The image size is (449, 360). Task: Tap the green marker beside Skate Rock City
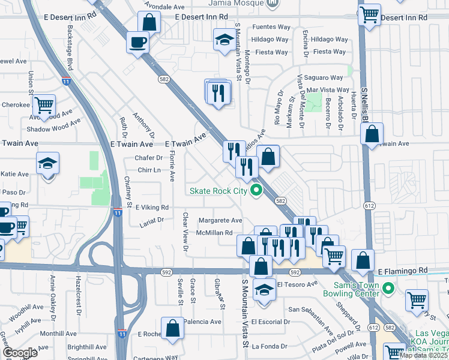(x=257, y=191)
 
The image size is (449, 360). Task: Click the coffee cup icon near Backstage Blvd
(x=138, y=43)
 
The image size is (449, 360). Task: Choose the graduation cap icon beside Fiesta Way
(x=225, y=40)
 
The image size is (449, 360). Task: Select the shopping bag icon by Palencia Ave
(x=173, y=328)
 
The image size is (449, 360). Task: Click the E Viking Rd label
(x=152, y=207)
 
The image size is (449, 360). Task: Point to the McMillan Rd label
(x=214, y=233)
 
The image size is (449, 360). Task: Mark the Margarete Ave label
(x=220, y=220)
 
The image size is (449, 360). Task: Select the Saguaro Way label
(x=324, y=77)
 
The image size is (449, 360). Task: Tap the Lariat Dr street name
(x=152, y=221)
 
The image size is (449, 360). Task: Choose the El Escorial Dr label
(x=271, y=322)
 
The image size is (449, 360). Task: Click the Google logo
(x=20, y=353)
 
